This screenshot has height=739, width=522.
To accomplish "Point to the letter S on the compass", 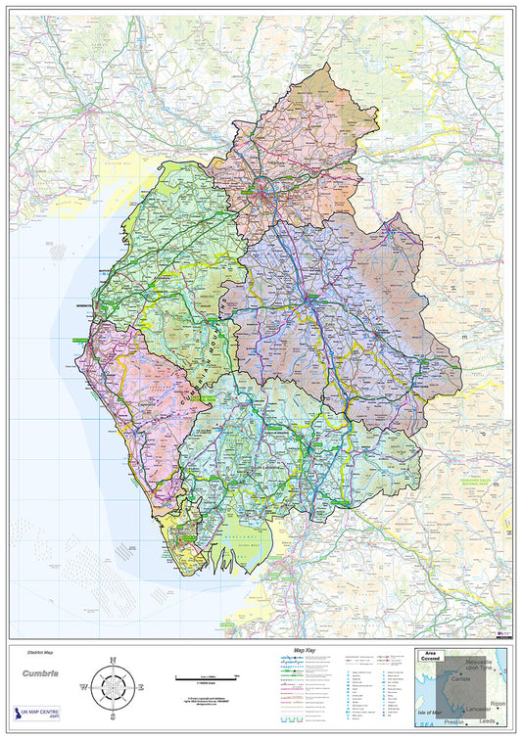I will pyautogui.click(x=112, y=716).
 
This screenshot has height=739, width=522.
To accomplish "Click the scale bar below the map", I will pyautogui.click(x=208, y=677).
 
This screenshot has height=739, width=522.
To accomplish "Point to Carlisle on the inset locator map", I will pyautogui.click(x=463, y=679).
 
